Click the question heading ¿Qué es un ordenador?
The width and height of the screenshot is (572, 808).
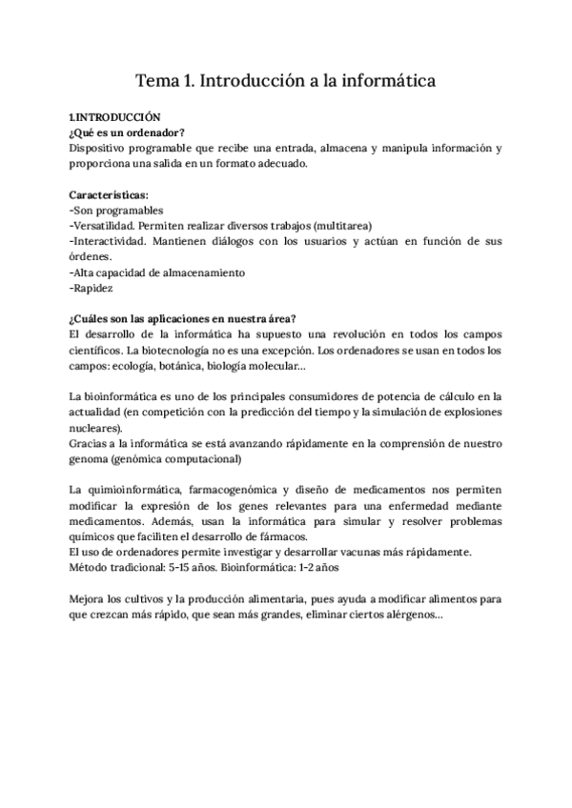click(x=128, y=132)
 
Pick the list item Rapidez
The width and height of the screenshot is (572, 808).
click(x=92, y=288)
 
